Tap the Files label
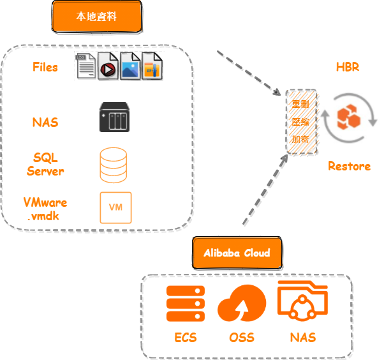coord(45,67)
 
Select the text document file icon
coord(87,66)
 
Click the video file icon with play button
coord(108,67)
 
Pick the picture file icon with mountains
coord(131,66)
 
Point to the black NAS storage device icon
coord(115,118)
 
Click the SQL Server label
coord(45,163)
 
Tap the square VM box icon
coord(115,207)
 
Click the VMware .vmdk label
coord(45,209)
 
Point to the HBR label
coord(348,67)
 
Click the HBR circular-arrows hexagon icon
coord(348,118)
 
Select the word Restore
coord(350,166)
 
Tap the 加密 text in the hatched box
coord(300,139)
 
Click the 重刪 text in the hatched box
coord(300,104)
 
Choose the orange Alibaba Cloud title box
coord(237,252)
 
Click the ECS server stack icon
coord(185,304)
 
